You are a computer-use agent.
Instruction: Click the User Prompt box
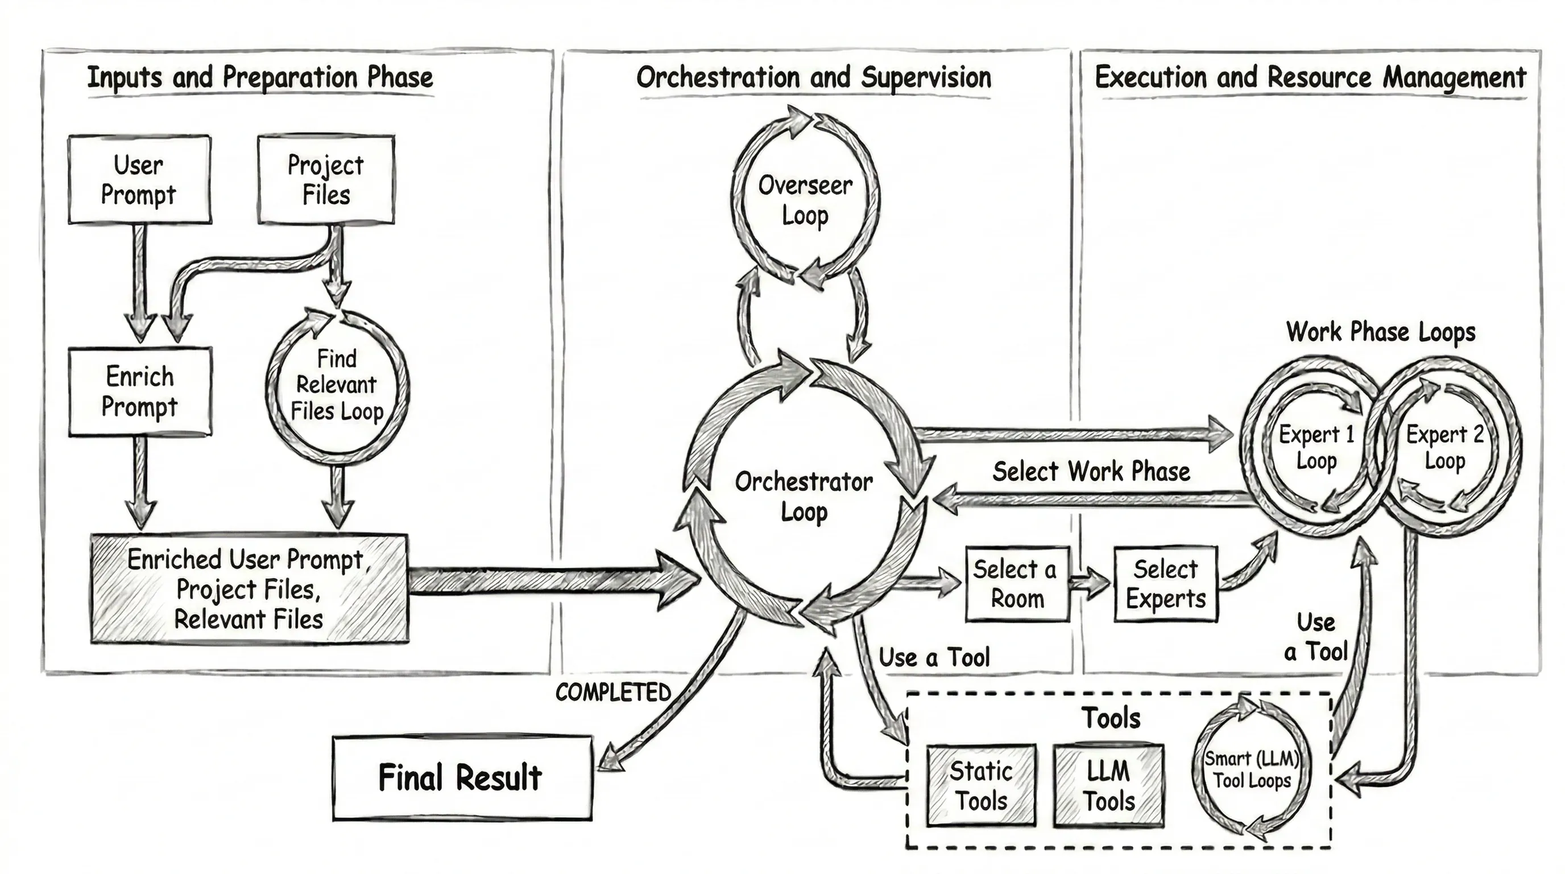[x=139, y=180]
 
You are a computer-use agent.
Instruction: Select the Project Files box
[x=326, y=180]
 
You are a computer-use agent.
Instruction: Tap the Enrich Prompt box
[x=140, y=391]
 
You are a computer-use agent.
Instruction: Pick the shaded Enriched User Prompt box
[x=249, y=588]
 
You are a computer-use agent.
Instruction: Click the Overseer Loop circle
[x=805, y=199]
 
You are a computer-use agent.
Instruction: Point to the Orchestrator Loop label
[x=804, y=496]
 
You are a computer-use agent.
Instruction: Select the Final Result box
[x=462, y=778]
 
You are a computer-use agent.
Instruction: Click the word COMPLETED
[x=612, y=692]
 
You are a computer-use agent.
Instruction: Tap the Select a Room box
[x=1017, y=583]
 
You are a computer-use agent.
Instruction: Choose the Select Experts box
[x=1165, y=583]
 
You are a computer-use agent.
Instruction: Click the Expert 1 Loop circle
[x=1316, y=447]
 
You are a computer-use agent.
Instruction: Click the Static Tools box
[x=981, y=785]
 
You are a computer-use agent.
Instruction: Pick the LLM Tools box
[x=1109, y=785]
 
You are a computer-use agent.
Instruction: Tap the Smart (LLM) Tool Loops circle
[x=1252, y=769]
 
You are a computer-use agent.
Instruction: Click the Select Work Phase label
[x=1091, y=472]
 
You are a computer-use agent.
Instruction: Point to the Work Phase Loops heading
[x=1380, y=332]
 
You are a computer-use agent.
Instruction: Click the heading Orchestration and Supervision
[x=813, y=78]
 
